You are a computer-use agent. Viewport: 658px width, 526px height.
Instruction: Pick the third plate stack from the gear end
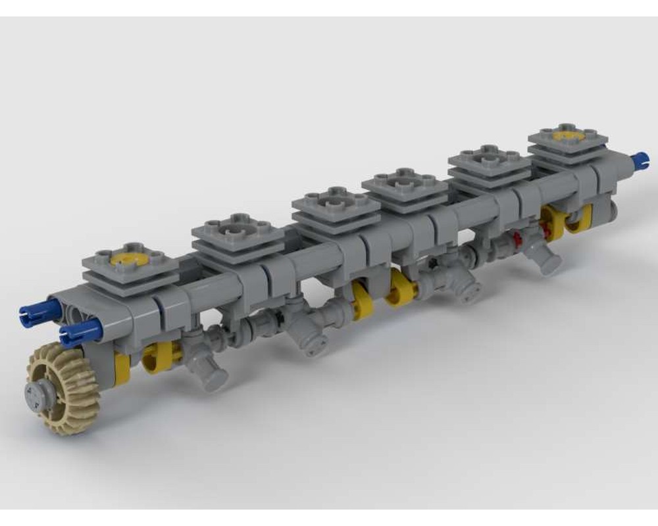click(336, 207)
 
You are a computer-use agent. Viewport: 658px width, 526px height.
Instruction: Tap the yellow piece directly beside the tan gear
click(122, 368)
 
